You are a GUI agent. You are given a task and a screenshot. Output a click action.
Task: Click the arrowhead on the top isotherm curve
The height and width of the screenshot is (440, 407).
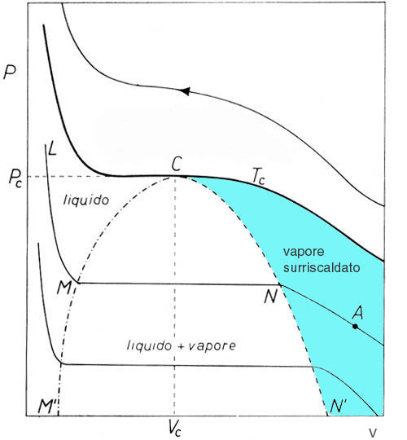tap(185, 91)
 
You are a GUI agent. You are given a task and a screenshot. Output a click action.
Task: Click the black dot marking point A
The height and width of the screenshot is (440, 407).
tap(355, 327)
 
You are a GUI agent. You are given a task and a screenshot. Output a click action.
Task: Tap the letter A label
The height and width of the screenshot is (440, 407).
tap(357, 313)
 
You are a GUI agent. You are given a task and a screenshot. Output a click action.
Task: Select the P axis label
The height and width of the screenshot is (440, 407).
tap(9, 73)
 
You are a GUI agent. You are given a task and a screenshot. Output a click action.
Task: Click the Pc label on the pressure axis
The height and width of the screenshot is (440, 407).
tap(15, 178)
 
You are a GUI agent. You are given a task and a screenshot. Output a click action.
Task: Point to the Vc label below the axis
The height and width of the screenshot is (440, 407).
tap(174, 429)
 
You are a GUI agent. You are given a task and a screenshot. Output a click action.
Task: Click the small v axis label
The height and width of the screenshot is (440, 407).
tap(373, 433)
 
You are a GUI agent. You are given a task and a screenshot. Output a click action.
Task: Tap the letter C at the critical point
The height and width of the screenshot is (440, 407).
tap(177, 164)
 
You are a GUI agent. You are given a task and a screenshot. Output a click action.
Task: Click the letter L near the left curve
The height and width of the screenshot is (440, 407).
tap(52, 148)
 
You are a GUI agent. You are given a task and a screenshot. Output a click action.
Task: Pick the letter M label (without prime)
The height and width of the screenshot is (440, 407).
tap(64, 287)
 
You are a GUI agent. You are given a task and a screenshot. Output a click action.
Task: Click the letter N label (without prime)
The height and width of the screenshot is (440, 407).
tap(271, 296)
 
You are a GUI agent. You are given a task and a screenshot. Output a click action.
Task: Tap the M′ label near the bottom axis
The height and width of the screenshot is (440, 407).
tap(47, 407)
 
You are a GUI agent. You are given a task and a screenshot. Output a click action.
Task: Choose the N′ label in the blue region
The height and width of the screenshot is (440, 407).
tap(339, 406)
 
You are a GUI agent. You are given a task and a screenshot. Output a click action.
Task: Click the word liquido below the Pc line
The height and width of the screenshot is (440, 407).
tap(86, 200)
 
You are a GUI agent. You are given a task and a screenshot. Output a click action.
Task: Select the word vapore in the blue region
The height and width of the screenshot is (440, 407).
tap(304, 251)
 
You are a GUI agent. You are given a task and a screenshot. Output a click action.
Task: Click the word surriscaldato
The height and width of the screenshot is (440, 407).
tap(322, 267)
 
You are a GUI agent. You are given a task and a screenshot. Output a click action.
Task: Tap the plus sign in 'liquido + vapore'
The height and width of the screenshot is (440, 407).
tap(181, 345)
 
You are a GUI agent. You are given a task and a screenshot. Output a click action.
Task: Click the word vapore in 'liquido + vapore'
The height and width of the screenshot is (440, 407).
tap(212, 346)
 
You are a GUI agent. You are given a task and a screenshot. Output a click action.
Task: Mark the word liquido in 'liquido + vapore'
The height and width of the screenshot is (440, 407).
tap(150, 345)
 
